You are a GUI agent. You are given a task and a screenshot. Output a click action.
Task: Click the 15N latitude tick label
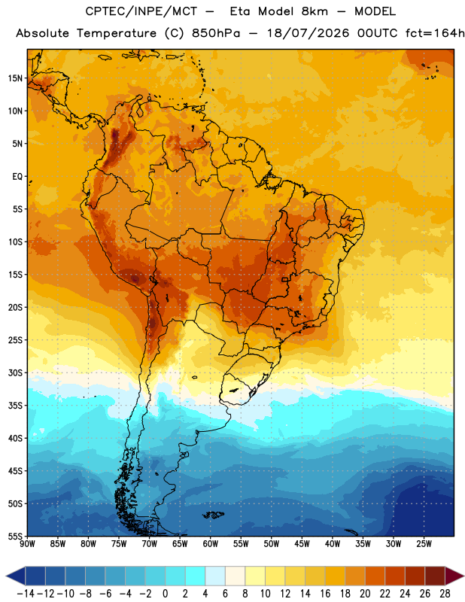click(x=15, y=78)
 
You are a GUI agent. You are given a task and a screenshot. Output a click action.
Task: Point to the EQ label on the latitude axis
click(x=17, y=177)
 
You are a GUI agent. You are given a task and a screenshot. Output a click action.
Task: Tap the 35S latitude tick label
click(x=15, y=406)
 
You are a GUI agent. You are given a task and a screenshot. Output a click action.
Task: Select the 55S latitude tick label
click(x=15, y=537)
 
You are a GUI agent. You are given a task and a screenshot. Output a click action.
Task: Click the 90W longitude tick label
click(x=28, y=544)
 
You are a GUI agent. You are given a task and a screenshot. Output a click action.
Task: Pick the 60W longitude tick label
click(x=211, y=544)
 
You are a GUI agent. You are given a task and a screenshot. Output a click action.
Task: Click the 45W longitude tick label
click(x=302, y=544)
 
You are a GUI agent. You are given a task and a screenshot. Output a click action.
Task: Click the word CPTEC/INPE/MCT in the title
click(x=141, y=11)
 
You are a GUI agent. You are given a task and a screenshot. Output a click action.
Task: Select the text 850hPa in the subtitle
click(x=216, y=33)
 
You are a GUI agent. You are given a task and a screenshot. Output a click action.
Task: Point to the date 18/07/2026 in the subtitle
click(x=308, y=33)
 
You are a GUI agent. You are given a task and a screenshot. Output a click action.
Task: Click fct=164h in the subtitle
click(x=435, y=33)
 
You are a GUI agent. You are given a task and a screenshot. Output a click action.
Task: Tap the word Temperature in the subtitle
click(x=117, y=33)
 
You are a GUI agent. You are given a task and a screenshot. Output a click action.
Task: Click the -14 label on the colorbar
click(x=26, y=594)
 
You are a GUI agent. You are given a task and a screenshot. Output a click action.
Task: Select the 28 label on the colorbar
click(x=445, y=594)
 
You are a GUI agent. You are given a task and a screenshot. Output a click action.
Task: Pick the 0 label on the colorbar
click(x=165, y=594)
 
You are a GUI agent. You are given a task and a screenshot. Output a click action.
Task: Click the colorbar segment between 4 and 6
click(x=215, y=576)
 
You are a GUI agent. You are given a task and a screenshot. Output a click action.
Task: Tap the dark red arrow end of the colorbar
click(x=454, y=576)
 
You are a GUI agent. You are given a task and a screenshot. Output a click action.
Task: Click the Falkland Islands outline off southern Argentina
click(x=214, y=515)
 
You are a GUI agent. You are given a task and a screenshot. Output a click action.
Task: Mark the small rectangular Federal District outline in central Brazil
click(x=285, y=279)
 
